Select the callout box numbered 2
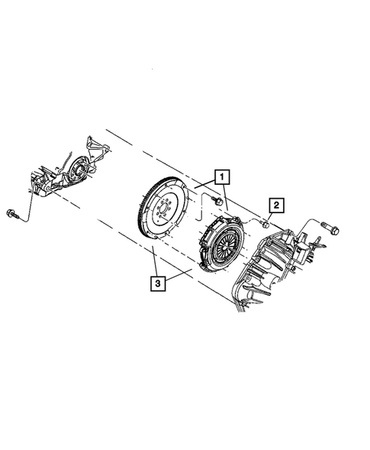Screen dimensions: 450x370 pos(275,205)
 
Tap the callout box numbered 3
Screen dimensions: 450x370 pos(156,283)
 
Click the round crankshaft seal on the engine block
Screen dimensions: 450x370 pos(77,173)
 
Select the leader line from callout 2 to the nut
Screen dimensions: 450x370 pos(270,215)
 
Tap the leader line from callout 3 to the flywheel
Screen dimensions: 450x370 pos(155,264)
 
